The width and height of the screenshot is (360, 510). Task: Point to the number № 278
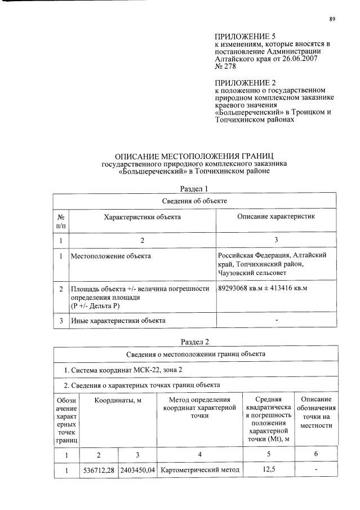pos(226,66)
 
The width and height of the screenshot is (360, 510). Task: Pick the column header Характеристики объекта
pos(141,216)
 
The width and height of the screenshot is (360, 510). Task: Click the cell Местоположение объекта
pos(110,256)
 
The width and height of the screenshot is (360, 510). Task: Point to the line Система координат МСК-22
pos(123,369)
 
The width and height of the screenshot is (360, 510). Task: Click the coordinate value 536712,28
pos(99,469)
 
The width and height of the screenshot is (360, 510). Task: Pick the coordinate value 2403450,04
pos(137,469)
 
